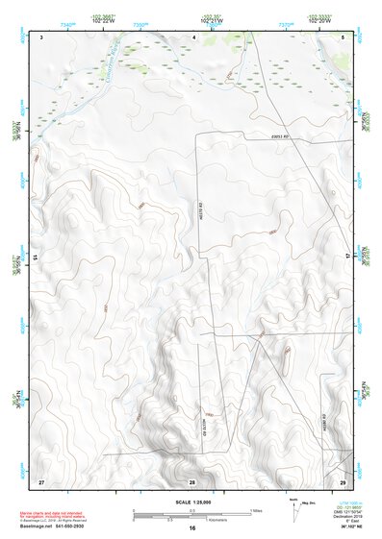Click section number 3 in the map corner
pos(42,36)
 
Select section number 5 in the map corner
pos(344,36)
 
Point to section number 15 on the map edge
pos(36,257)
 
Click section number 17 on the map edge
pos(350,257)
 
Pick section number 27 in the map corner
pos(41,480)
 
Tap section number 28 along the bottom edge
pos(192,481)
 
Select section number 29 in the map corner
pos(344,480)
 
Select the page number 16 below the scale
pos(192,528)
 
